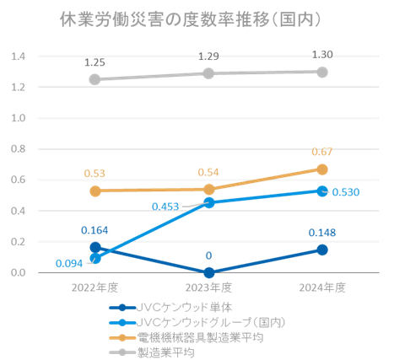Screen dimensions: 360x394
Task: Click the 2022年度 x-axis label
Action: pos(94,287)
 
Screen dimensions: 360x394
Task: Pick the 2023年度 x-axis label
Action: pos(208,287)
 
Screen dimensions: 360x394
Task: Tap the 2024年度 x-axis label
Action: pos(322,287)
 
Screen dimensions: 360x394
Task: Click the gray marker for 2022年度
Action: pos(94,79)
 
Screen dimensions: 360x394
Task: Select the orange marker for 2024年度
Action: pos(322,169)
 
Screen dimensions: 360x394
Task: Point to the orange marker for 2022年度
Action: pos(94,191)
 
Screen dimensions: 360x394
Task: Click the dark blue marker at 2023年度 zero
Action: pos(208,272)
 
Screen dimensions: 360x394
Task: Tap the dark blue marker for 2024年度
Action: pos(322,250)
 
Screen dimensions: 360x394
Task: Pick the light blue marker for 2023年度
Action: pos(208,202)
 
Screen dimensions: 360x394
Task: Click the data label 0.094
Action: pos(69,261)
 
